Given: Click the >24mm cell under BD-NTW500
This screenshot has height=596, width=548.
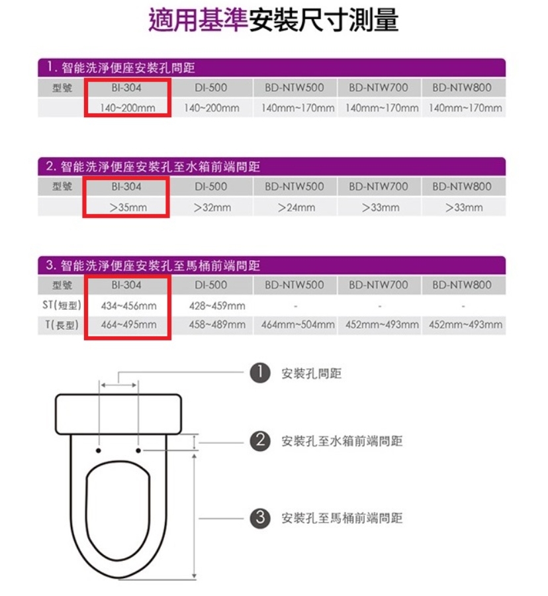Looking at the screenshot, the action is [297, 207].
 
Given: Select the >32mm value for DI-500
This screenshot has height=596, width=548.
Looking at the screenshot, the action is [212, 207].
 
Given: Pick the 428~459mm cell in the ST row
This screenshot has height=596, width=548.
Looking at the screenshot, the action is [217, 305].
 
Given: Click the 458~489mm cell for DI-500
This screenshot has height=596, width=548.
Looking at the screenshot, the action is [217, 324].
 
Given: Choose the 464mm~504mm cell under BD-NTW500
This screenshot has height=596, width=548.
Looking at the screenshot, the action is [298, 324].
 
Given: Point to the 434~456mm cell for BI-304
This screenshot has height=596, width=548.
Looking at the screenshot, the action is [129, 305].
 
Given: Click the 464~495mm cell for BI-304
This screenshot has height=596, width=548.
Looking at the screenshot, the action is [129, 324].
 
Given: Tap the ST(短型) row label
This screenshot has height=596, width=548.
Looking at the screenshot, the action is [62, 305].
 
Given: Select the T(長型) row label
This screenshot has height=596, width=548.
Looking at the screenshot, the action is [62, 324].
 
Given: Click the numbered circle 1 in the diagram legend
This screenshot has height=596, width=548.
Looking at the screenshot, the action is [260, 373].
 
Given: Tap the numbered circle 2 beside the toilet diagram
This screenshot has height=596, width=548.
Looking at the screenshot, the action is [260, 441].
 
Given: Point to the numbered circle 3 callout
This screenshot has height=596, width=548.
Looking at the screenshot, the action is [260, 518].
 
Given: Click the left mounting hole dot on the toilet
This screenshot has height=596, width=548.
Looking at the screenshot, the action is [99, 450].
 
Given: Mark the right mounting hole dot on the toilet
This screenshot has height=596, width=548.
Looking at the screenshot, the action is [138, 450].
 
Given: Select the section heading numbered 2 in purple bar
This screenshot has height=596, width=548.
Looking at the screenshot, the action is [153, 167].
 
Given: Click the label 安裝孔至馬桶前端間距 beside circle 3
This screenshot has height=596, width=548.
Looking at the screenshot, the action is [342, 518].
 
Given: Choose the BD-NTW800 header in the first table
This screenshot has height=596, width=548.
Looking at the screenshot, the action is [462, 88].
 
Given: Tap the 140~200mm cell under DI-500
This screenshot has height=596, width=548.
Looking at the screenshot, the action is [212, 109].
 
